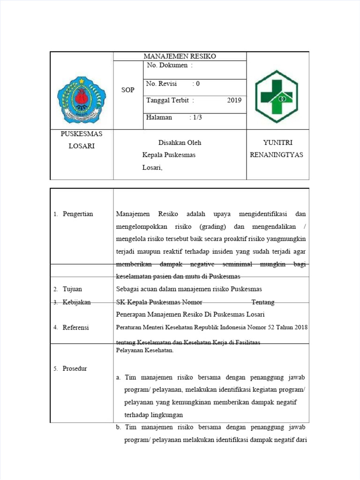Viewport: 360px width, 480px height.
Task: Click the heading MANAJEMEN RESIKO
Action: pyautogui.click(x=180, y=56)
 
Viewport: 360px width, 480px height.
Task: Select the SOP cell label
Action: pyautogui.click(x=127, y=90)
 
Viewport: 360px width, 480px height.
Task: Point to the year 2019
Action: pyautogui.click(x=234, y=100)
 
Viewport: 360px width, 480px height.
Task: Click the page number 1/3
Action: pyautogui.click(x=195, y=118)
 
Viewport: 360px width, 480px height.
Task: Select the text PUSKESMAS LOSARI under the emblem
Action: pyautogui.click(x=82, y=140)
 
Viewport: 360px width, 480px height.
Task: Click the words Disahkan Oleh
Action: pyautogui.click(x=180, y=142)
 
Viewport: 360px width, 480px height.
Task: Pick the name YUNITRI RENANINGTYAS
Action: pyautogui.click(x=277, y=149)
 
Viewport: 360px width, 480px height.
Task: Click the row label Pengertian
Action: pyautogui.click(x=78, y=214)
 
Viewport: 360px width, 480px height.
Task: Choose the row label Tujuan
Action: pyautogui.click(x=72, y=289)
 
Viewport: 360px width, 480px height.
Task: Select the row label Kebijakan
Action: pyautogui.click(x=76, y=302)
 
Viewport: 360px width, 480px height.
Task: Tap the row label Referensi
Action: pyautogui.click(x=75, y=328)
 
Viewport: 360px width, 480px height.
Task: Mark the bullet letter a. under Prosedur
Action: pyautogui.click(x=119, y=377)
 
